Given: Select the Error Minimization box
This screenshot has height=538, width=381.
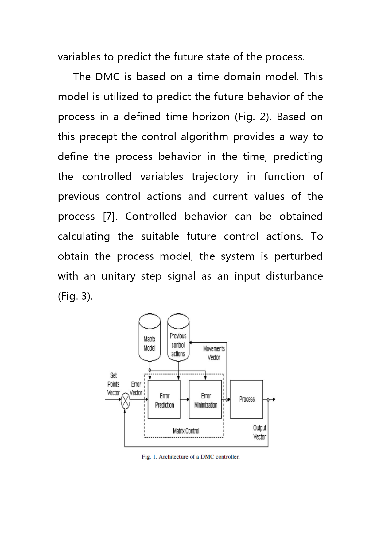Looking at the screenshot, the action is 205,399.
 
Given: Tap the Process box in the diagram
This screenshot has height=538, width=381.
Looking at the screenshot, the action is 247,399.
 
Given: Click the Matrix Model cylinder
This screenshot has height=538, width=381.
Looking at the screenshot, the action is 150,338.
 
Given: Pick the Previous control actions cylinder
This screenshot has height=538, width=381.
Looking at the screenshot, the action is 178,338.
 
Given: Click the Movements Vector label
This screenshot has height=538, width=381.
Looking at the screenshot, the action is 214,353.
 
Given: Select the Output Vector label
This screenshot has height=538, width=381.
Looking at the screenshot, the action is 260,432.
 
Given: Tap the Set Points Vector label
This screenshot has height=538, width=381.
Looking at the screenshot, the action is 113,384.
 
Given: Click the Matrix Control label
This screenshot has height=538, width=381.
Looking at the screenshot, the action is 186,431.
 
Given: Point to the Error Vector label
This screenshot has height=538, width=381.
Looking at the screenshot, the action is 136,389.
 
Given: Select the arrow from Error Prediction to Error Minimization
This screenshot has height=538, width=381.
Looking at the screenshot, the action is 185,399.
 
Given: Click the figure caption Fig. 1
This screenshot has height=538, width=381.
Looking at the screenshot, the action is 191,457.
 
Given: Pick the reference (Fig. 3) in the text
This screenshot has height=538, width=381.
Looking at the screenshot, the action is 75,296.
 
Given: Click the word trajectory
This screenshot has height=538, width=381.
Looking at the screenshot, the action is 215,177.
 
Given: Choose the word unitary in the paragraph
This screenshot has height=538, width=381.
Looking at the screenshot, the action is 119,277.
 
